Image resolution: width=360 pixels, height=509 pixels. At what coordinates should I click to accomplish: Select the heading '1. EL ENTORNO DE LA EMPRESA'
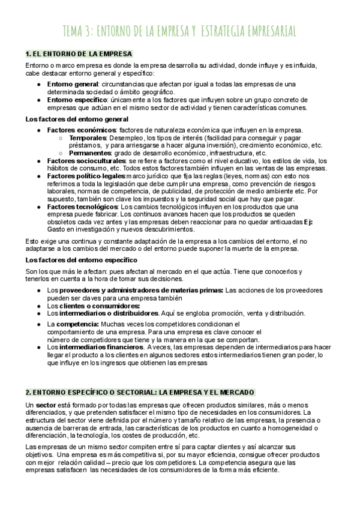point(79,53)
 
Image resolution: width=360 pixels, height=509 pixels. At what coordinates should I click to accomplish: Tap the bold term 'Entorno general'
point(73,84)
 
